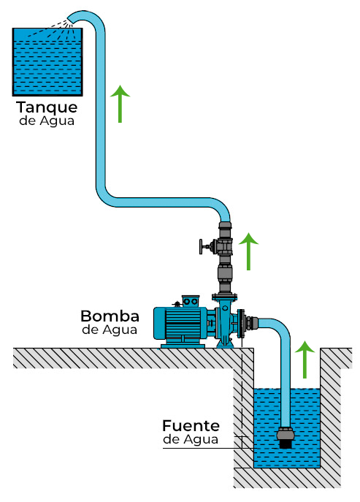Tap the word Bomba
pos(110,316)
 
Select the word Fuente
pos(191,425)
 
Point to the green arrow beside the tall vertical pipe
pos(121,103)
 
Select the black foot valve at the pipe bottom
pos(286,438)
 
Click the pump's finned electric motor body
pos(183,322)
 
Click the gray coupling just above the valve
pos(225,228)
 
